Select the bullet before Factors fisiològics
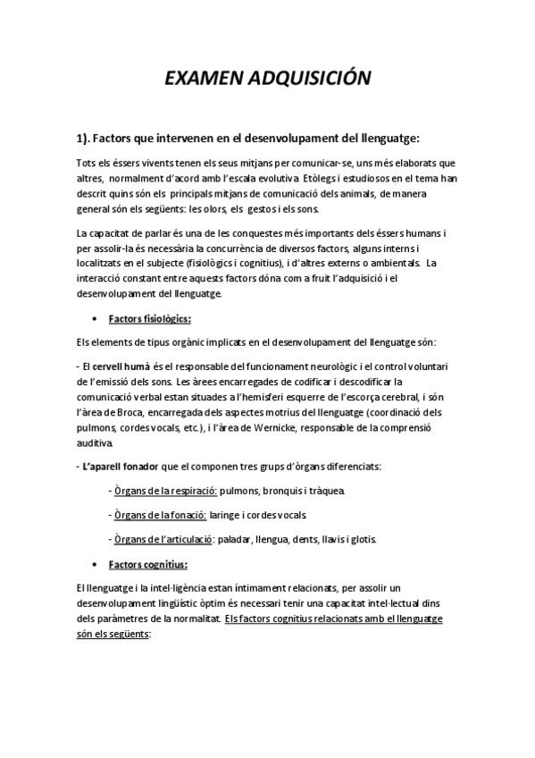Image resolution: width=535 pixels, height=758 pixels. pos(94,318)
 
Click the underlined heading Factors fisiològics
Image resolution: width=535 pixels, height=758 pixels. pos(149,318)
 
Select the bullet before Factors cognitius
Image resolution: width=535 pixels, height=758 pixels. pos(94,564)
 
